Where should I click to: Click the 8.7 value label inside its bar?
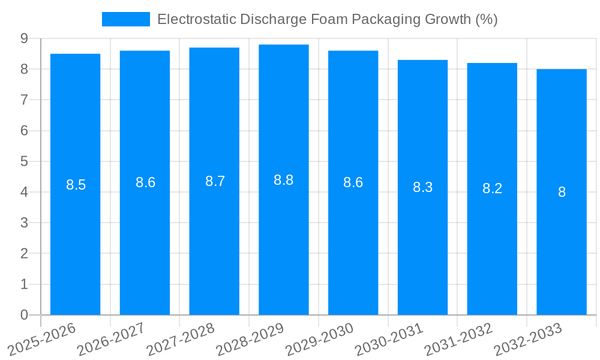pos(215,181)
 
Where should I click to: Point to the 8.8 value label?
pos(284,180)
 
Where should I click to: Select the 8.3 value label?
pos(422,187)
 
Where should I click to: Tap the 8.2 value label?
pos(492,188)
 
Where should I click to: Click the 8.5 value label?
pos(76,185)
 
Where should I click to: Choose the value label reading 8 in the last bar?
pos(562,192)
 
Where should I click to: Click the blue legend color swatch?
pos(126,19)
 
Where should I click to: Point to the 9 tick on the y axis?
pos(24,38)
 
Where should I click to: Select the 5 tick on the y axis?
pos(24,161)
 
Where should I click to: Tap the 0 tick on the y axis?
pos(24,315)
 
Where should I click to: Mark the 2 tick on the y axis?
pos(24,254)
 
